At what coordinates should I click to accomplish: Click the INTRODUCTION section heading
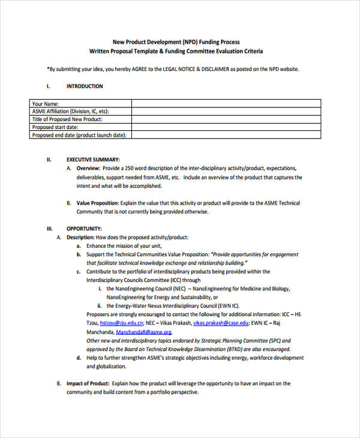(x=84, y=86)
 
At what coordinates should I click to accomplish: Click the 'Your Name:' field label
(x=46, y=103)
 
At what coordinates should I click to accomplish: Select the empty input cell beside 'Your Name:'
(x=230, y=103)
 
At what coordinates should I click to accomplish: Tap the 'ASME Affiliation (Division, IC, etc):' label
(x=70, y=111)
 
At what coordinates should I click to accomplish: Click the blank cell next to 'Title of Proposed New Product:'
(x=230, y=119)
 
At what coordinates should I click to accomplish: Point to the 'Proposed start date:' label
(x=55, y=127)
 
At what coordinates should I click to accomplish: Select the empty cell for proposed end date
(x=230, y=135)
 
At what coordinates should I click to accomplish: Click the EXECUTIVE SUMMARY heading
(x=93, y=160)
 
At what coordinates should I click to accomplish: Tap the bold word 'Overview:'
(x=89, y=169)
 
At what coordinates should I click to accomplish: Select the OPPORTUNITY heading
(x=84, y=229)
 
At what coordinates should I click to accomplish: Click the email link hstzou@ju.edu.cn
(x=121, y=323)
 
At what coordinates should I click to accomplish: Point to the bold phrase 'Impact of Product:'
(x=88, y=383)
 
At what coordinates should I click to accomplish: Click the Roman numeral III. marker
(x=50, y=229)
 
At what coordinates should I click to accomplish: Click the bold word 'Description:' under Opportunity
(x=80, y=238)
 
